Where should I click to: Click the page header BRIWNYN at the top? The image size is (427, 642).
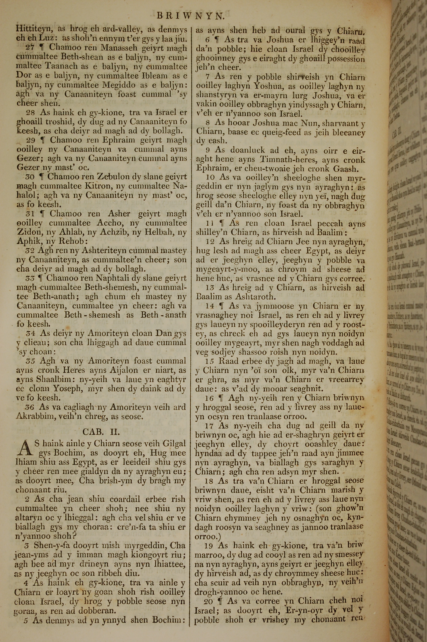point(191,16)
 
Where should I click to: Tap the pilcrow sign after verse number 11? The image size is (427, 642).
point(222,223)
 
